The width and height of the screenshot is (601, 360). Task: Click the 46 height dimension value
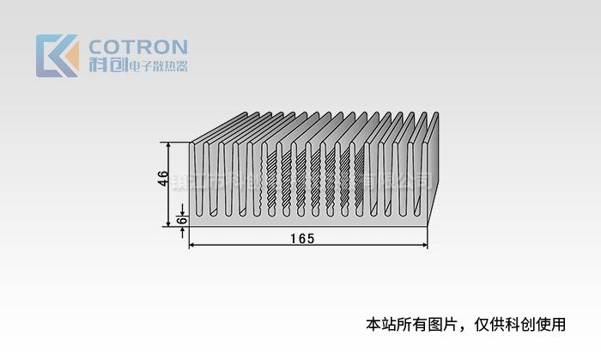(x=162, y=179)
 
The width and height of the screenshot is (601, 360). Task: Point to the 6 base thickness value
(x=179, y=220)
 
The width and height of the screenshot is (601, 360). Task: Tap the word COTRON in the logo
(x=138, y=46)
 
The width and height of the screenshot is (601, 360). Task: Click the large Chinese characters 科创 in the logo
(x=106, y=64)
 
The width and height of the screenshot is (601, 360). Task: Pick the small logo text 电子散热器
(x=157, y=65)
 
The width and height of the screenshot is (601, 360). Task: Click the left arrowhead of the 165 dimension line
(x=192, y=246)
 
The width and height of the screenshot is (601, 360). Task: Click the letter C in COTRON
(x=96, y=46)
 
